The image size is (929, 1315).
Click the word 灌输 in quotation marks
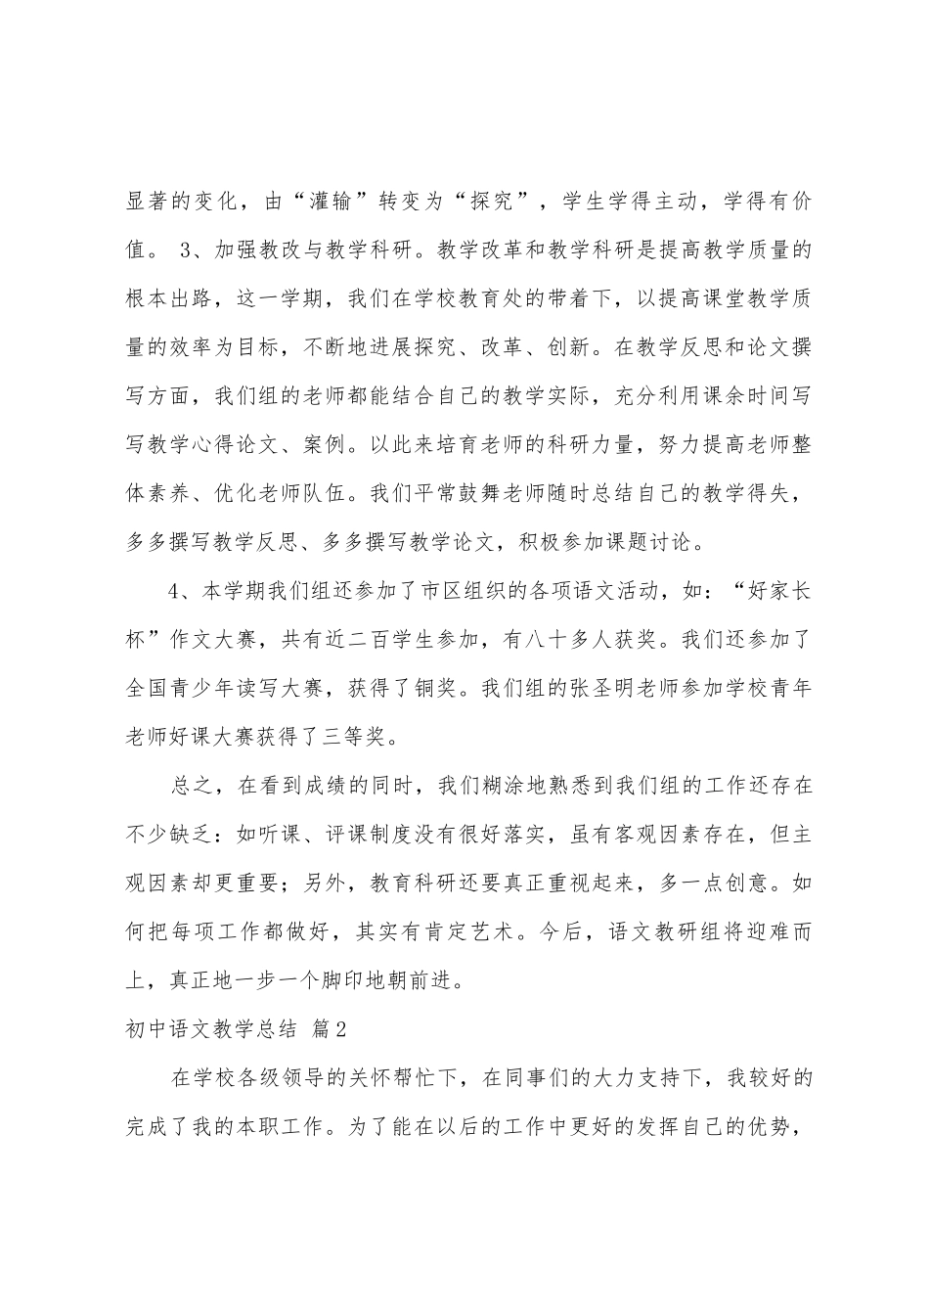[x=346, y=201]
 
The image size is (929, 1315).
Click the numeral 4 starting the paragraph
[x=176, y=591]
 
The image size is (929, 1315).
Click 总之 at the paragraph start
[x=192, y=788]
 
